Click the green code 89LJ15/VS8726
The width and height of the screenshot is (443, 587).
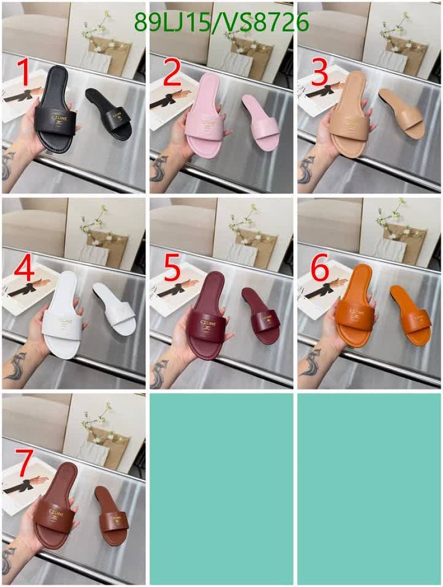click(221, 23)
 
